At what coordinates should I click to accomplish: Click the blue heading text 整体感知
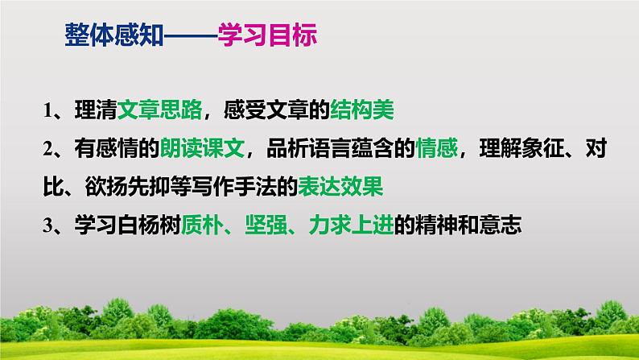(x=114, y=35)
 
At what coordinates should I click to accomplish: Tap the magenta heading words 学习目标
(x=268, y=35)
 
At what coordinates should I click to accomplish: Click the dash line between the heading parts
(x=191, y=36)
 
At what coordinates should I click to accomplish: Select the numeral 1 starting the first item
(x=48, y=110)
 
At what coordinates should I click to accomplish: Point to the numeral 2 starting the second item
(x=48, y=148)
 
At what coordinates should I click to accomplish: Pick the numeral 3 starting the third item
(x=48, y=225)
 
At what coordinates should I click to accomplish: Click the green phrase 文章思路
(x=159, y=110)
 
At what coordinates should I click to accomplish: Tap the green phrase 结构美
(x=362, y=110)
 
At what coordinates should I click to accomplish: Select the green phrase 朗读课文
(x=202, y=148)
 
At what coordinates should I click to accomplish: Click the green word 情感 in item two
(x=436, y=148)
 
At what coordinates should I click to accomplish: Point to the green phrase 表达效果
(x=340, y=186)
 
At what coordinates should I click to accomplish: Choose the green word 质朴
(x=202, y=225)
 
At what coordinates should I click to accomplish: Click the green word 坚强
(x=266, y=225)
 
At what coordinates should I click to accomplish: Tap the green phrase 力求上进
(x=351, y=225)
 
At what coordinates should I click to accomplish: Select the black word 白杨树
(x=149, y=225)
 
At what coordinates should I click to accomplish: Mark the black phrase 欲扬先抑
(x=127, y=186)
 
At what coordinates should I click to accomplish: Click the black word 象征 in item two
(x=542, y=148)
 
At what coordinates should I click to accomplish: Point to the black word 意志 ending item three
(x=501, y=225)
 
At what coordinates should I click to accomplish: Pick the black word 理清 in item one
(x=96, y=110)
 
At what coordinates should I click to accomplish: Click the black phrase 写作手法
(x=234, y=186)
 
